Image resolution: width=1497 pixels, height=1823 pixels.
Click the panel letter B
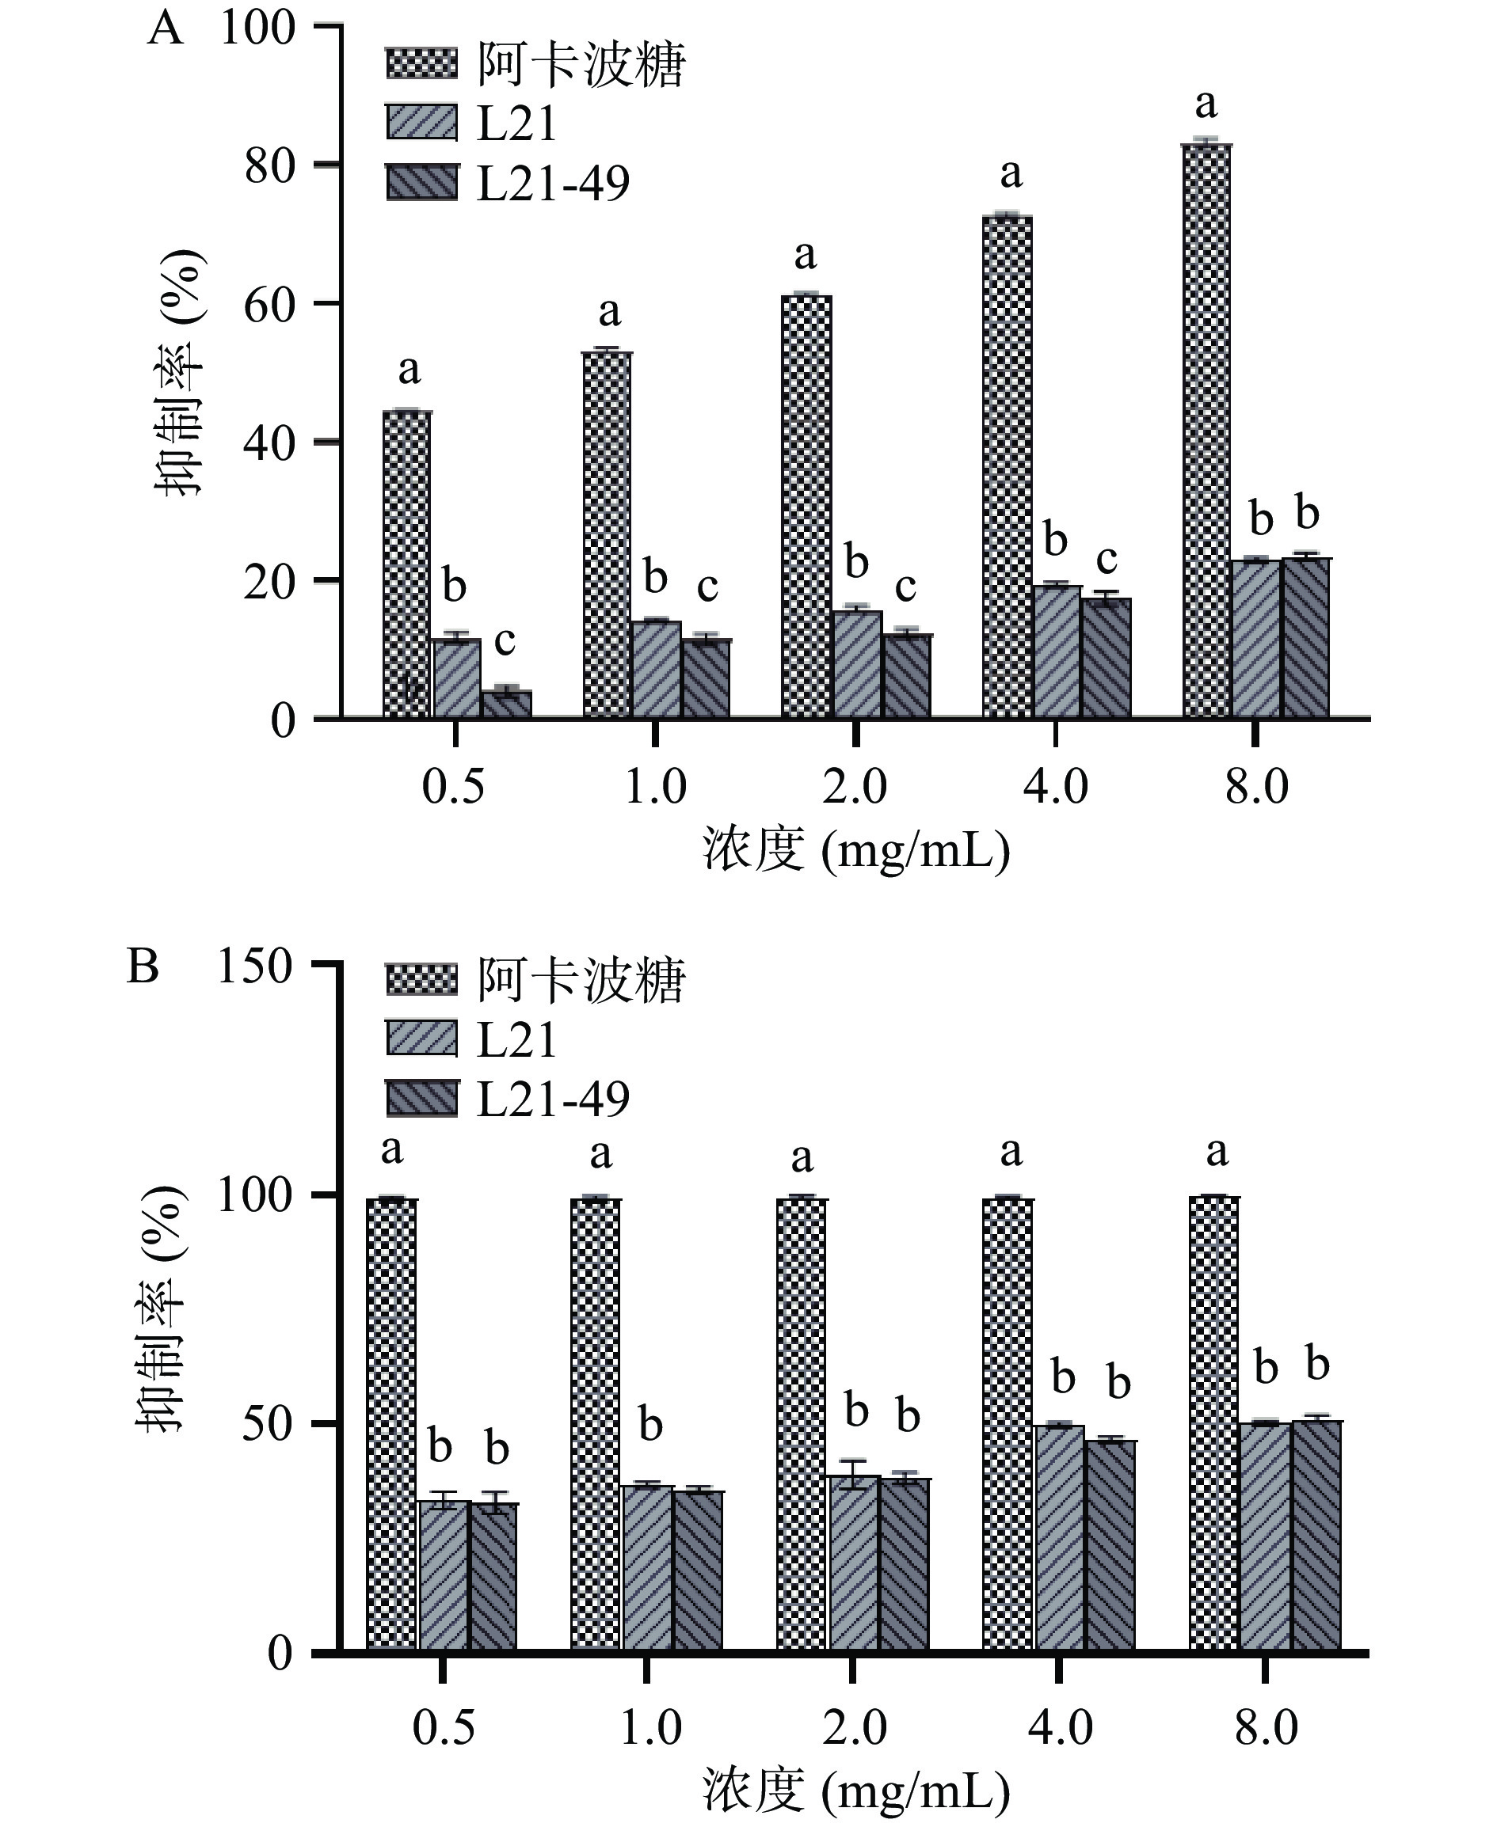[x=143, y=967]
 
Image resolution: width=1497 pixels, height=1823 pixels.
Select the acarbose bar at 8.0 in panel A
[x=1206, y=431]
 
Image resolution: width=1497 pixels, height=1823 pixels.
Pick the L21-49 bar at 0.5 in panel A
[x=506, y=705]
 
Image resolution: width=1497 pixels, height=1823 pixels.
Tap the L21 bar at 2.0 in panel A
[x=857, y=663]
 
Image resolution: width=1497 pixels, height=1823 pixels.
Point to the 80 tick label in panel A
[x=270, y=166]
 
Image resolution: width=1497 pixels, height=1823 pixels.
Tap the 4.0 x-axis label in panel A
[x=1056, y=787]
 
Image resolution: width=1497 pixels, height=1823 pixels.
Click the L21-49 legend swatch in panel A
[x=421, y=183]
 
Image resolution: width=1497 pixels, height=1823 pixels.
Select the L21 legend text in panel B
[x=516, y=1039]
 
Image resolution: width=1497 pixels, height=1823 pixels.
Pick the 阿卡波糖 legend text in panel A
[x=581, y=65]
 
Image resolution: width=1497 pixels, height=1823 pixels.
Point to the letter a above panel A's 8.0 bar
[x=1206, y=105]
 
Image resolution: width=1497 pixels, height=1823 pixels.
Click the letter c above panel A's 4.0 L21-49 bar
[x=1107, y=559]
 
